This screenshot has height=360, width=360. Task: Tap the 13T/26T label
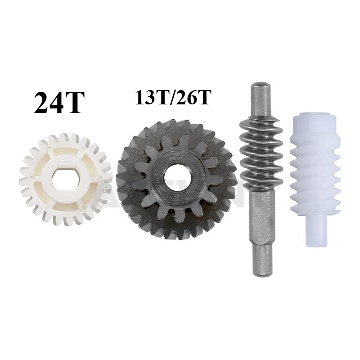coord(173,98)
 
